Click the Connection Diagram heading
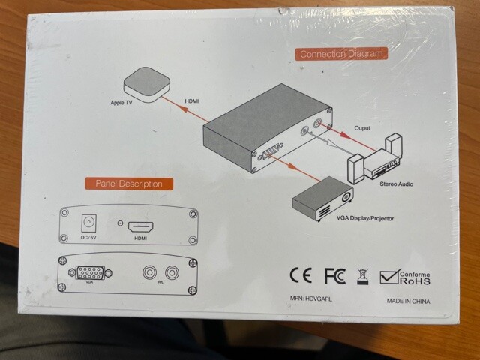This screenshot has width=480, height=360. point(340,54)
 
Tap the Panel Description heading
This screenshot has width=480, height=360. point(129,184)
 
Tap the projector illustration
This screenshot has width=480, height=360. point(322,199)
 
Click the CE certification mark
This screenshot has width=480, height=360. point(300,274)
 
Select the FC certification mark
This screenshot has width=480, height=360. point(334,274)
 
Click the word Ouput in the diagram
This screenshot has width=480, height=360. point(361,128)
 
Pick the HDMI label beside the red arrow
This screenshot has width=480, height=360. point(192,99)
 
